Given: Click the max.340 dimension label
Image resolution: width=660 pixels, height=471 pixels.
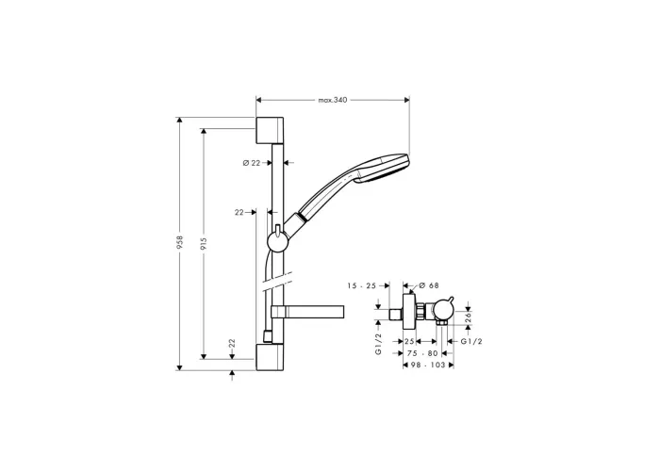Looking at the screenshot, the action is point(333,100).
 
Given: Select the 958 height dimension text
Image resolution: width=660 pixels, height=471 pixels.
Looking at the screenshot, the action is point(180,243).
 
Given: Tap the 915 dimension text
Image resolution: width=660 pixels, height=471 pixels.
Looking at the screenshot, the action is point(204,244).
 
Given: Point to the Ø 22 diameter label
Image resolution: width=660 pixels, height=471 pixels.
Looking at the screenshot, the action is point(252,163).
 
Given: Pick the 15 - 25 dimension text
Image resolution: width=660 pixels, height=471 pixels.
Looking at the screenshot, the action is point(361,286).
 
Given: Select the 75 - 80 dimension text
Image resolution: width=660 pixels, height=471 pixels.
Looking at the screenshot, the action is point(422,353).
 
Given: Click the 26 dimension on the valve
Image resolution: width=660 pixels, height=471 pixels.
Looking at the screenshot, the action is point(469,317).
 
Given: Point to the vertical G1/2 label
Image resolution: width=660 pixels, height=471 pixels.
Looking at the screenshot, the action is point(378,344).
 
